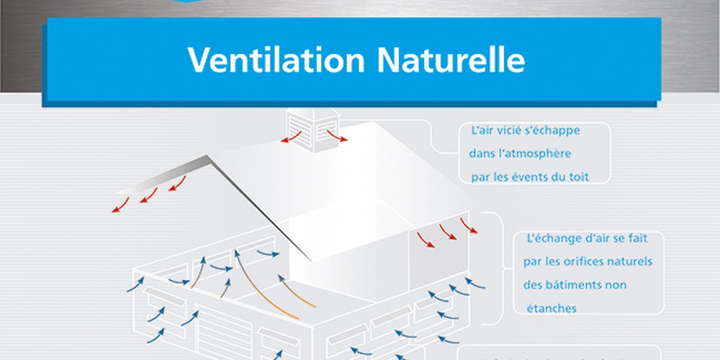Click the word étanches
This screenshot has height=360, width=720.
552,308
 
